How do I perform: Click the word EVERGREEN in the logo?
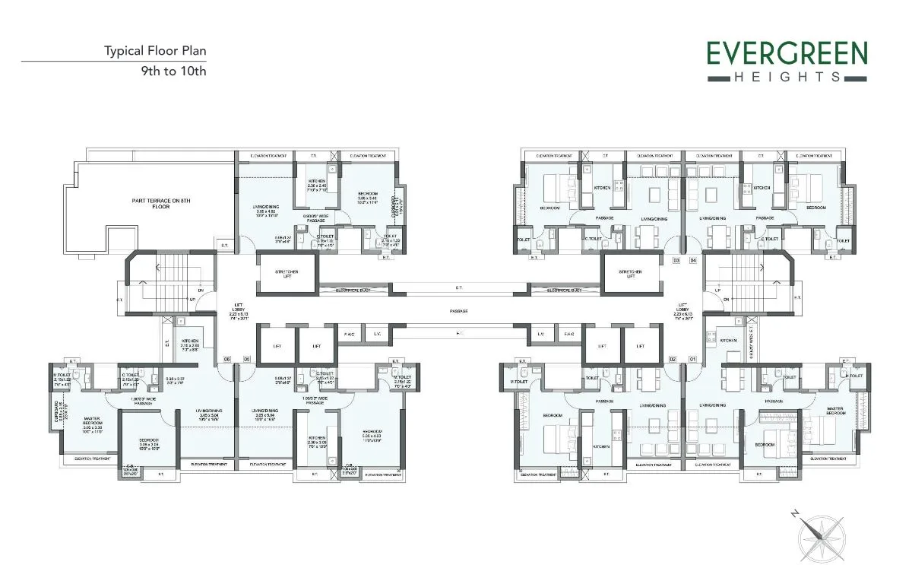pos(787,55)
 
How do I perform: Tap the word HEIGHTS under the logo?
pos(787,77)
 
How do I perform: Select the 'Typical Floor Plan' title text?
pos(155,52)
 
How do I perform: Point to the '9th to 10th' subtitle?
pos(174,71)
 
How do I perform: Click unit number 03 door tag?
pos(676,260)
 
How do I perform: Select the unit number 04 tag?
pos(692,260)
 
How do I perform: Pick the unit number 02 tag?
pos(672,358)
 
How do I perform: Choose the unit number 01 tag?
pos(692,358)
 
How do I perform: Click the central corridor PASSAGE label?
pos(458,310)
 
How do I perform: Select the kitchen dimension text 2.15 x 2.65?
pos(190,346)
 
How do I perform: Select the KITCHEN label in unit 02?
pos(601,446)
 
